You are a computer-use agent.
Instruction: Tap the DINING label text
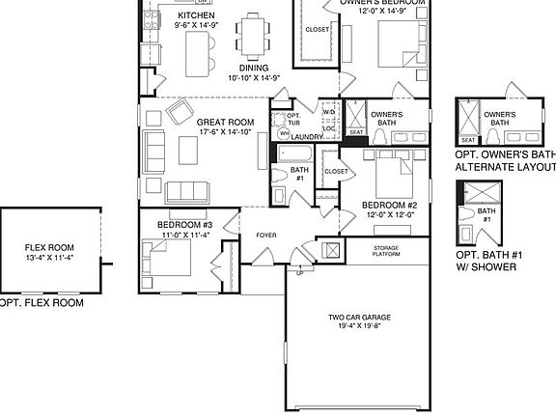click(253, 68)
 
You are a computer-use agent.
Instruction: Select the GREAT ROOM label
click(224, 123)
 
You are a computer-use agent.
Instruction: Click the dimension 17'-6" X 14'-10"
click(224, 132)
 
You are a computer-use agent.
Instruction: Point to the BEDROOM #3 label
click(184, 224)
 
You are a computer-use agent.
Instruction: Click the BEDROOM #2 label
click(389, 205)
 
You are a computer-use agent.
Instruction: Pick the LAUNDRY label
click(306, 137)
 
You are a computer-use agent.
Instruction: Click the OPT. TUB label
click(292, 118)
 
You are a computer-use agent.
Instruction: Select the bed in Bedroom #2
click(391, 175)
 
